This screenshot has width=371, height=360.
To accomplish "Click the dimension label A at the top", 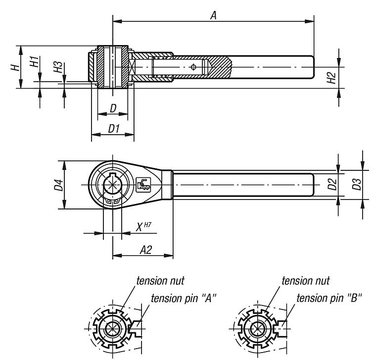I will click(213, 15).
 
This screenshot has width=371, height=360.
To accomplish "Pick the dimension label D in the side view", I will click(113, 107).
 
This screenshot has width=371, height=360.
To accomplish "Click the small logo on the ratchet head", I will click(143, 185).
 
